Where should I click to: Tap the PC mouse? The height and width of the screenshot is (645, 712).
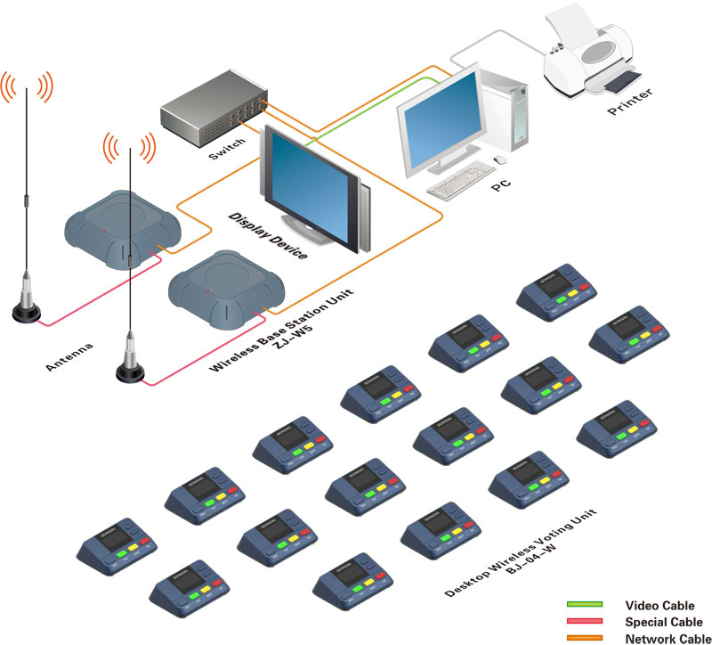(500, 160)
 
